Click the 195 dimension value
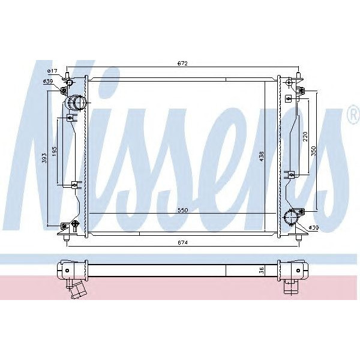(55, 151)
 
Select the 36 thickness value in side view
(262, 270)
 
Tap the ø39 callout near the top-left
(48, 82)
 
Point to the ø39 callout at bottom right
(313, 228)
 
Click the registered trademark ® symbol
(352, 119)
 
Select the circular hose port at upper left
(77, 103)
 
